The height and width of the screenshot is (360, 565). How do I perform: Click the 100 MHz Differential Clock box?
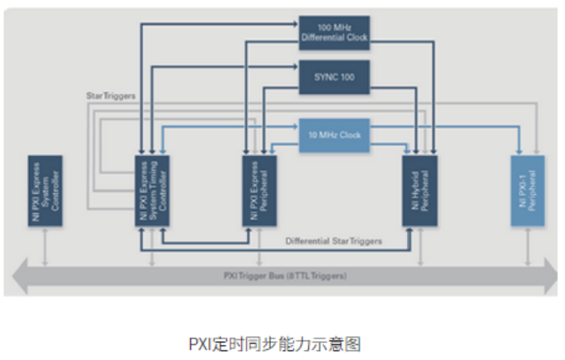(x=334, y=32)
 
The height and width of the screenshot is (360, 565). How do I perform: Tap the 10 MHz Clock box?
(x=333, y=135)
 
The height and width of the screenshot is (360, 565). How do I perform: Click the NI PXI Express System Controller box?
(x=45, y=191)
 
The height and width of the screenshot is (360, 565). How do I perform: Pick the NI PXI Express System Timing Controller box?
(x=152, y=191)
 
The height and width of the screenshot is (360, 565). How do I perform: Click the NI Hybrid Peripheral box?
(x=420, y=191)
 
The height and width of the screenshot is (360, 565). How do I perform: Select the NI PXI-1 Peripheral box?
(x=527, y=191)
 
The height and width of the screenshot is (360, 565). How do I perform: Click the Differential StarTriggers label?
(x=334, y=241)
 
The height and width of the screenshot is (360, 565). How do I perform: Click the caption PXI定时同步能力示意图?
(x=282, y=342)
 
